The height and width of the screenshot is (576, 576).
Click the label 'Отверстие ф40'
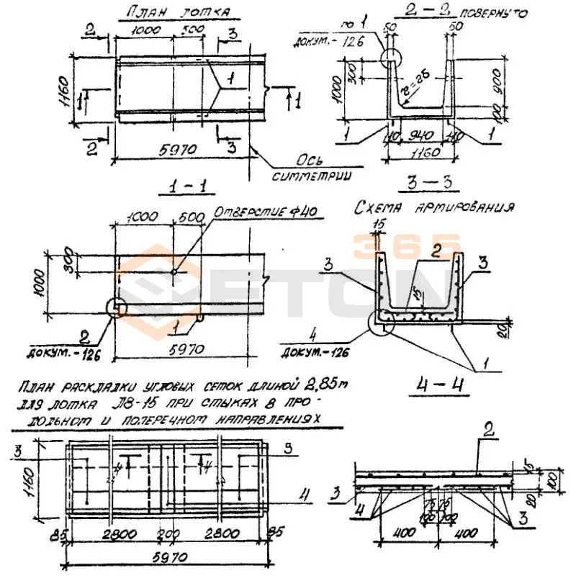[x=266, y=214]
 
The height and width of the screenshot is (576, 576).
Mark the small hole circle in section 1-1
[x=176, y=271]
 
